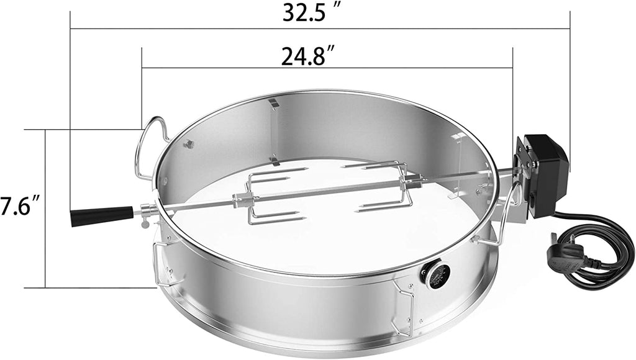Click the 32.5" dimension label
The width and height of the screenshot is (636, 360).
click(311, 13)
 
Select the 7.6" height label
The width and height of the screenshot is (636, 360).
click(20, 206)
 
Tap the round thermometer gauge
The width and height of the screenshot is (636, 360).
click(435, 276)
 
